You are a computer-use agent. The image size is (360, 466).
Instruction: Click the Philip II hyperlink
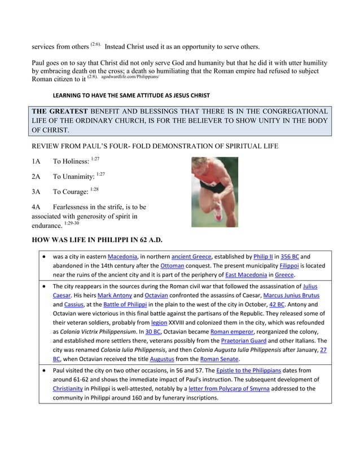click(264, 256)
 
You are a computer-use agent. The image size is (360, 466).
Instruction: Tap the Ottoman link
click(172, 265)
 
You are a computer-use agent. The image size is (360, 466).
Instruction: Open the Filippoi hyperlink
click(291, 265)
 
